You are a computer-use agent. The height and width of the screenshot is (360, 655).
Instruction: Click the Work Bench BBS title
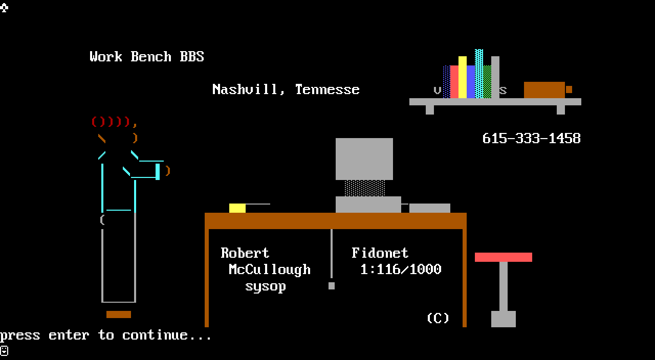coord(147,57)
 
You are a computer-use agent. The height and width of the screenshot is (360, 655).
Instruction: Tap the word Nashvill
coord(249,89)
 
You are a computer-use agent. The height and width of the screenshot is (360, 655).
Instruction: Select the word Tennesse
coord(327,89)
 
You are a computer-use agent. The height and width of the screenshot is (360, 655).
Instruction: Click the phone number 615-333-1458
coord(531,139)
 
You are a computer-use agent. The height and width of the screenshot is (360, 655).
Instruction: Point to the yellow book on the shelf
coord(463,77)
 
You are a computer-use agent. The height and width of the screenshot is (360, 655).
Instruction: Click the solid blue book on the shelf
coord(471,81)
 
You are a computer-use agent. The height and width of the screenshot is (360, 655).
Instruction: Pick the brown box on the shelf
coord(544,89)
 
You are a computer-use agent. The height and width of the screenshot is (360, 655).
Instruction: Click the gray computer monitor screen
coord(364,159)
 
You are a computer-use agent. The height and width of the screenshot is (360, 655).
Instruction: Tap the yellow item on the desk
coord(237,208)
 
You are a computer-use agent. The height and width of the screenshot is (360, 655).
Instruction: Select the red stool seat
coord(503,257)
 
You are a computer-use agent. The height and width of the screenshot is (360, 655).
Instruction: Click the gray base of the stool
coord(503,319)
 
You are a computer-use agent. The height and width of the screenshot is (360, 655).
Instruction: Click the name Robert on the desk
coord(245,253)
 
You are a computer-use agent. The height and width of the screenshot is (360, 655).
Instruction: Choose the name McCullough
coord(270,269)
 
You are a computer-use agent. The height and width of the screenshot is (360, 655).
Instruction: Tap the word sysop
coord(265,286)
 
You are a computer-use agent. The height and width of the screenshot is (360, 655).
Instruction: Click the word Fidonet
coord(380,253)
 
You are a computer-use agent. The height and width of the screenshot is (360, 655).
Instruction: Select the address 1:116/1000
coord(401,269)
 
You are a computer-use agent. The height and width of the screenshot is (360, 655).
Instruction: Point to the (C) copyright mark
coord(438,318)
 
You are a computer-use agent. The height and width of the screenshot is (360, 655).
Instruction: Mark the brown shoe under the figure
coord(118,314)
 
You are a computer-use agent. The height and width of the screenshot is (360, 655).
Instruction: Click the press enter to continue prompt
coord(105,335)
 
